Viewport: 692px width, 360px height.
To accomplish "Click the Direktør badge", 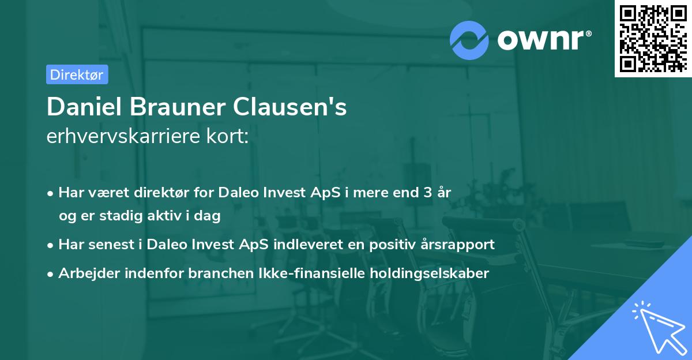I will [x=77, y=74].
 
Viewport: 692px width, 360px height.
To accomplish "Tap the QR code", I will [x=652, y=38].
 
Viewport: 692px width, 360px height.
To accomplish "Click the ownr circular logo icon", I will [x=469, y=40].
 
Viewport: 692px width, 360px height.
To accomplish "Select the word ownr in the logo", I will [x=542, y=40].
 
